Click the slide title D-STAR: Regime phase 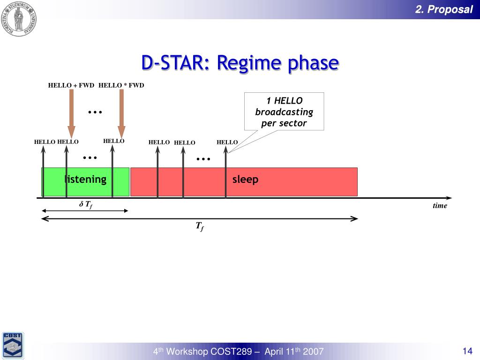coord(240,63)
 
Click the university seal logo coord(19,18)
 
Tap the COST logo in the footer coord(13,345)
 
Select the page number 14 coord(467,351)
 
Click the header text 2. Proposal coord(444,9)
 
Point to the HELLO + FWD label coord(71,85)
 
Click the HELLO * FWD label coord(121,85)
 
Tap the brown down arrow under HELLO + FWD coord(71,113)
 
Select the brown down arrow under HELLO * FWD coord(121,113)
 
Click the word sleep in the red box coord(245,180)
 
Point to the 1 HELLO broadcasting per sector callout coord(284,112)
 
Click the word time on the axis coord(440,206)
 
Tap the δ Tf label coord(86,204)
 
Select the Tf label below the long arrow coord(200,226)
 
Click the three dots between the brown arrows coord(95,112)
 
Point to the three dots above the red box coord(203,159)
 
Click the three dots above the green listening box coord(90,157)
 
